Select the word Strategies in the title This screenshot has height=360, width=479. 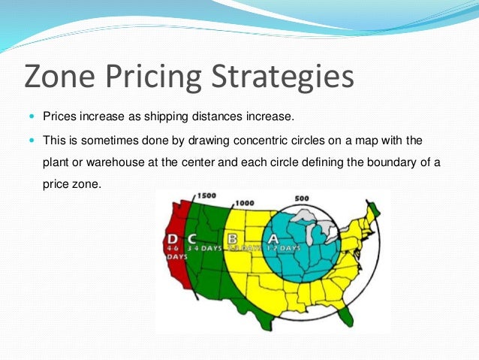(x=289, y=77)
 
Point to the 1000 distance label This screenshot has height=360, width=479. (x=244, y=203)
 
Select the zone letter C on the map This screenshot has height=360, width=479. (x=194, y=239)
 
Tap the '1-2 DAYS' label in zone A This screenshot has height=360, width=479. (x=285, y=248)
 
